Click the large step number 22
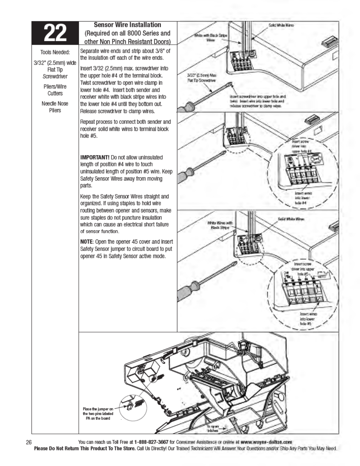(55, 33)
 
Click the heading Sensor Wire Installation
(127, 25)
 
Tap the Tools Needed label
(55, 52)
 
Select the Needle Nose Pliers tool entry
(55, 107)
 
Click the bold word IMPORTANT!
(95, 157)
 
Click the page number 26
(29, 442)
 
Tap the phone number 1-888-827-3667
(151, 442)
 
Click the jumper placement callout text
(98, 414)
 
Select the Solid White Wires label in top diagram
(281, 25)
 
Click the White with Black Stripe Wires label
(211, 38)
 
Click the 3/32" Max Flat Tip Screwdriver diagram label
(202, 78)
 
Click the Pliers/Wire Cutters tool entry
(55, 90)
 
